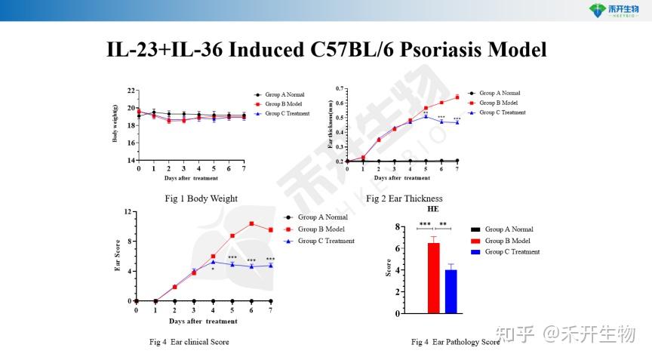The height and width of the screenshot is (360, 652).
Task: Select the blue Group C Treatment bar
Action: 451,291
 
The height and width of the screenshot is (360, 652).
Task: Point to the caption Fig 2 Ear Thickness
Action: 404,199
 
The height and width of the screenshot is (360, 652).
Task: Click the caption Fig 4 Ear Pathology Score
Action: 455,342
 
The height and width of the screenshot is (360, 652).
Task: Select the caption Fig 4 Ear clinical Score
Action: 189,342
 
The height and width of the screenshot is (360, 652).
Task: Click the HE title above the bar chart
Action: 432,209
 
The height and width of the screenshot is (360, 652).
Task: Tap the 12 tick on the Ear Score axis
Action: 130,212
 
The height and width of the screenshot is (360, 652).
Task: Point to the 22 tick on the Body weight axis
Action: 131,91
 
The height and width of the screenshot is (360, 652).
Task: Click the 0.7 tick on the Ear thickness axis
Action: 339,89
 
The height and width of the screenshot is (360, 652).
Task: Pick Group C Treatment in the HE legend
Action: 512,252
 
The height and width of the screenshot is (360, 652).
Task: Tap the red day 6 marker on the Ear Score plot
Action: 251,223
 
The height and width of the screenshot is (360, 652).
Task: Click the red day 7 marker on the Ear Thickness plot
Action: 457,97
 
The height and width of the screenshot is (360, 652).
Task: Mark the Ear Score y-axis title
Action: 118,256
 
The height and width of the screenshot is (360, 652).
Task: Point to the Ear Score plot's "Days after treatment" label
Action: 203,322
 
